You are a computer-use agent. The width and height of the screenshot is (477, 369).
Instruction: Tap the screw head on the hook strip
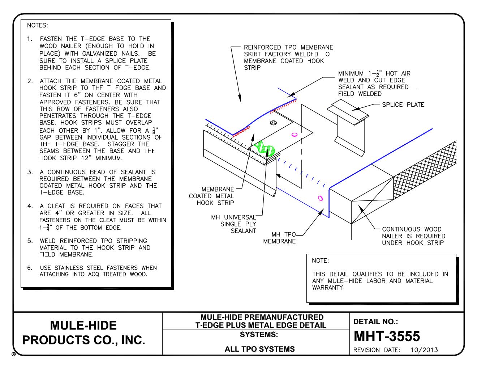tap(273, 123)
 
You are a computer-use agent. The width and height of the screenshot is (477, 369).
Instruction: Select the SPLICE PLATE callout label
tap(403, 105)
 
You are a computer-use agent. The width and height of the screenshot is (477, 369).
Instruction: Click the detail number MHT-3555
tap(386, 336)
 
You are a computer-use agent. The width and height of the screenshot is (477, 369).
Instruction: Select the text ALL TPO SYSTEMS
tap(259, 349)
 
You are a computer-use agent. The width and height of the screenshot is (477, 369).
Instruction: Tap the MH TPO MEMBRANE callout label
tap(279, 238)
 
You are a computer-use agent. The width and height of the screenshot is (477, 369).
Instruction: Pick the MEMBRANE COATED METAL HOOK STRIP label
tap(211, 196)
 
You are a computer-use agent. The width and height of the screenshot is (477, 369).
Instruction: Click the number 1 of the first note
tap(30, 39)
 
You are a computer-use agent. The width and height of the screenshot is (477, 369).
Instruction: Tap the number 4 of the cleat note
tap(30, 206)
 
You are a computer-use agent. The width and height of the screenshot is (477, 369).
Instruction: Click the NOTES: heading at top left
tap(37, 25)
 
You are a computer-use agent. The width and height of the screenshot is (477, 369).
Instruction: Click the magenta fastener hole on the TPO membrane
tap(320, 198)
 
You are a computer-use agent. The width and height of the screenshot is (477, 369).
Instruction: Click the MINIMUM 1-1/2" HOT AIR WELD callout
tap(374, 84)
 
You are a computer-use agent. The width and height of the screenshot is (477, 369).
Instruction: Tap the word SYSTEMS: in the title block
tap(259, 335)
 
